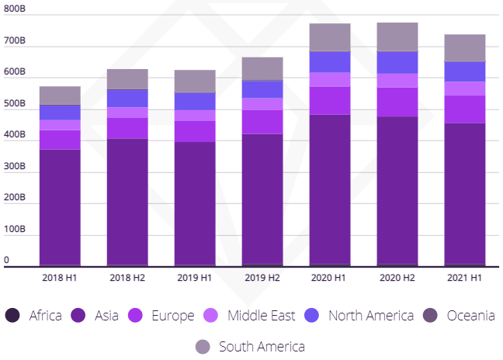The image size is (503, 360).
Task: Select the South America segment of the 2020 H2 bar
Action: click(x=397, y=37)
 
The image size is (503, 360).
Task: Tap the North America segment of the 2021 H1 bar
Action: click(x=465, y=71)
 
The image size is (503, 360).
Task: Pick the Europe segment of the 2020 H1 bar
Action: click(x=330, y=100)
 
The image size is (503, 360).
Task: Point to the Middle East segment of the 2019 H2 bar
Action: click(x=262, y=104)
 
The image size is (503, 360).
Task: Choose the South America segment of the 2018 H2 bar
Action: click(x=127, y=78)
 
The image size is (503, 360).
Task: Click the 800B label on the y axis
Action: click(x=14, y=9)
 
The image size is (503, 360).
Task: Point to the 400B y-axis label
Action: click(x=14, y=135)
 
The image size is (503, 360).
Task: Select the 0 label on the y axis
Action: click(x=6, y=261)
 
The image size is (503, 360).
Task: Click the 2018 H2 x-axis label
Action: click(x=127, y=278)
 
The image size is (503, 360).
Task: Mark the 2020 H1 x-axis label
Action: click(x=330, y=278)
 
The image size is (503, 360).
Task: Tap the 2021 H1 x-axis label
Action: click(x=465, y=278)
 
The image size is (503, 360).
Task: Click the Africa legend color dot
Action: click(x=12, y=316)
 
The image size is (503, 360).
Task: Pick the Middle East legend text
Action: click(x=261, y=316)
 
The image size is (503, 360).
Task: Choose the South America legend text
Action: click(x=262, y=346)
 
